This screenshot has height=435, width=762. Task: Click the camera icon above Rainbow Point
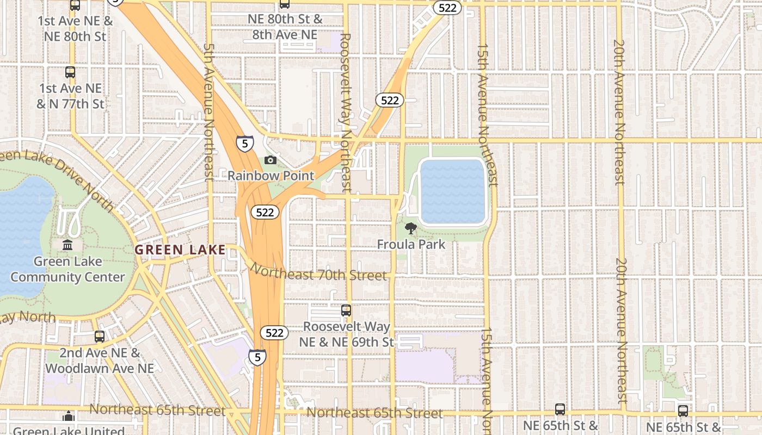click(271, 160)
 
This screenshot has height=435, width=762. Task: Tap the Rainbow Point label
click(271, 176)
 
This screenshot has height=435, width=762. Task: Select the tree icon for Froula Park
click(411, 228)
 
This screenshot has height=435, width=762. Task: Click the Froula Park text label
click(411, 245)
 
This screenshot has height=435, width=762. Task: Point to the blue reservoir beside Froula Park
click(453, 191)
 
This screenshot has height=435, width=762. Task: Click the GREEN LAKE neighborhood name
click(180, 250)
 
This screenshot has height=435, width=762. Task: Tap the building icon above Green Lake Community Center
click(67, 245)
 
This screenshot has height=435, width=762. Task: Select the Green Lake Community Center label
click(67, 269)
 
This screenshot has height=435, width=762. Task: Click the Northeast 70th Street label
click(318, 274)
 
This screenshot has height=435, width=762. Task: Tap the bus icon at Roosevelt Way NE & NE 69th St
click(346, 310)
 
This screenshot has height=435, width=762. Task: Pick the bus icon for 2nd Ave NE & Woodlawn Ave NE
click(99, 337)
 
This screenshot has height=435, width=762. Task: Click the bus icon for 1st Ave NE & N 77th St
click(70, 72)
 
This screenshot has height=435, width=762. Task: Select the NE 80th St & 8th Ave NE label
click(285, 27)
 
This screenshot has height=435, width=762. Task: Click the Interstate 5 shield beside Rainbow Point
click(244, 143)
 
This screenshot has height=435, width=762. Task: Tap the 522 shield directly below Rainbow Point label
click(265, 213)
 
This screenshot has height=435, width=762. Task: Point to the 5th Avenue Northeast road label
click(208, 111)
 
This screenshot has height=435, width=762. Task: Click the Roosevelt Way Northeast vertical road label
click(345, 113)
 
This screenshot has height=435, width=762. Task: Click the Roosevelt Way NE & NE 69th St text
click(346, 334)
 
